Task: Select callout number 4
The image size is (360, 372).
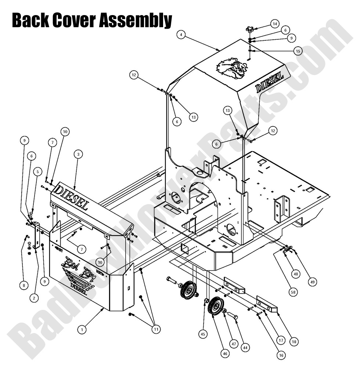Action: pos(180,35)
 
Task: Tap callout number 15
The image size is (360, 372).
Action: pos(298,51)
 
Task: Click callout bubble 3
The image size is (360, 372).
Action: pos(77,154)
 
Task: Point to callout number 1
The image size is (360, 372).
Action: pos(82,330)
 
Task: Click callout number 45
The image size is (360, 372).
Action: pos(203,334)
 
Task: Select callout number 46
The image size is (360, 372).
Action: pos(225,353)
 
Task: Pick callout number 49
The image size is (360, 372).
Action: pos(312,282)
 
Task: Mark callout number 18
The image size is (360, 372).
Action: pos(294,341)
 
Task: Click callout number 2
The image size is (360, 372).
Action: pos(33,298)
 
